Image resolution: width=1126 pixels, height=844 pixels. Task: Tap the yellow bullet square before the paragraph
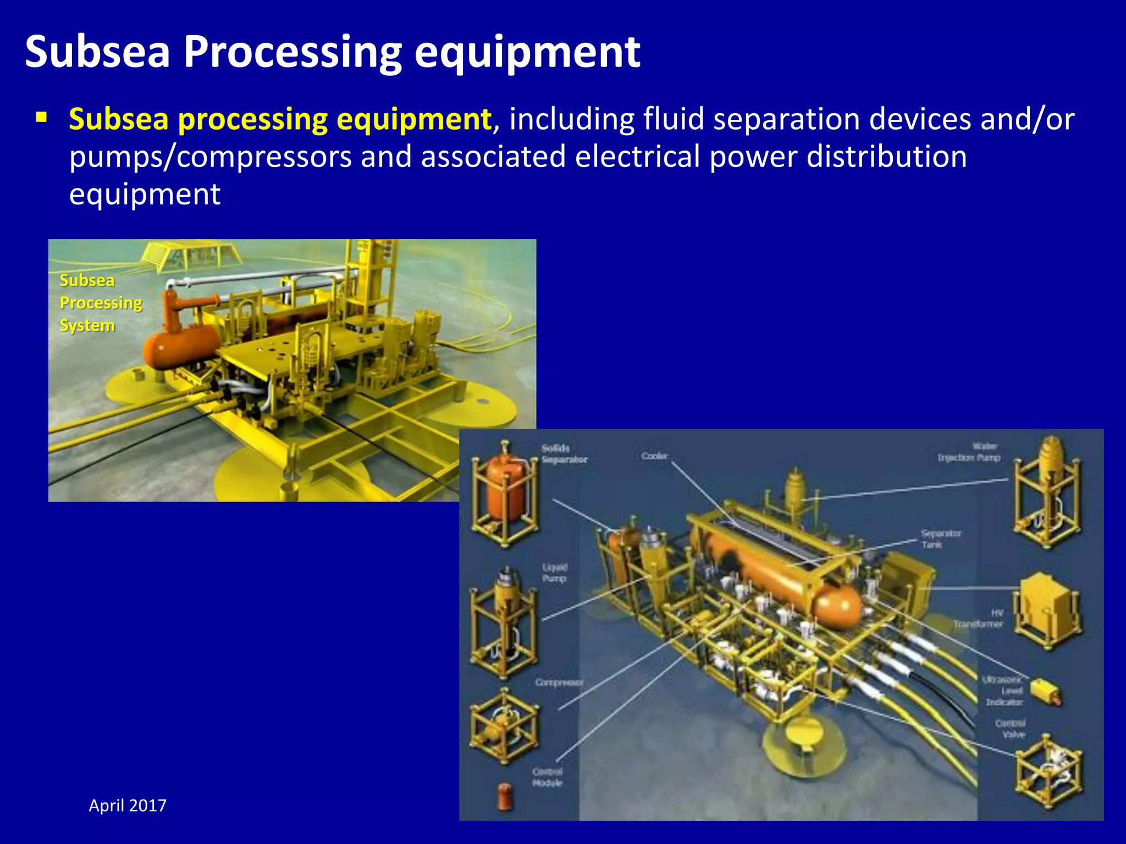point(41,117)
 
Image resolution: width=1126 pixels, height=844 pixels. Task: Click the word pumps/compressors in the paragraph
point(210,157)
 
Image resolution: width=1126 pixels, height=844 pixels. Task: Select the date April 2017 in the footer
point(128,806)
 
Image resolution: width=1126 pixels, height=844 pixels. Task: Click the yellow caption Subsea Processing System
point(101,303)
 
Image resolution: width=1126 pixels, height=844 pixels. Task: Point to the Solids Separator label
point(564,454)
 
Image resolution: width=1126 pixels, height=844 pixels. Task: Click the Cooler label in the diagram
point(654,456)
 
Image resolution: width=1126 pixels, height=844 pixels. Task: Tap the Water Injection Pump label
point(969,452)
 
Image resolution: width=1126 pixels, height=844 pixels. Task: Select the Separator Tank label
point(940,539)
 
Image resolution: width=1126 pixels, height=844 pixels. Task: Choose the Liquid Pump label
point(554,573)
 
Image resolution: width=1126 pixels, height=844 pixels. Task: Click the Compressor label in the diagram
point(559,682)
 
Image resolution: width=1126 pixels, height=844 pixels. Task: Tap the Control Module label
point(547,777)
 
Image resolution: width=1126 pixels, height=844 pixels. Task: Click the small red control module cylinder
point(504,796)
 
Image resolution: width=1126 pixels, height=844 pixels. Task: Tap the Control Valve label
point(1010,729)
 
